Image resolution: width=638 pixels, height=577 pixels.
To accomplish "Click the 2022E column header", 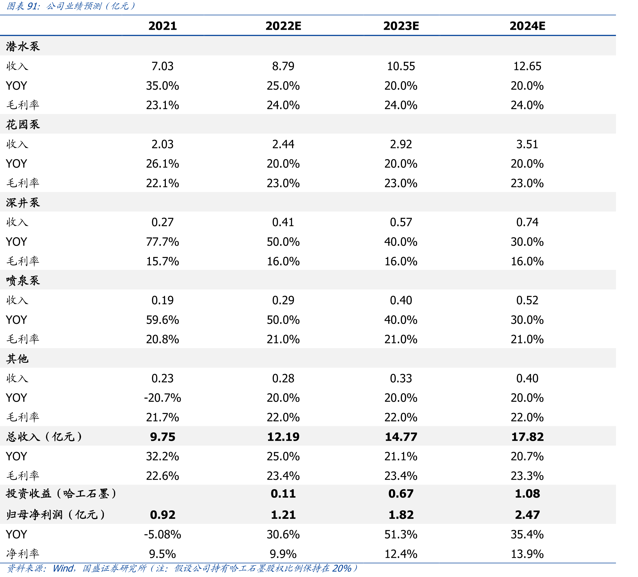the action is [283, 26].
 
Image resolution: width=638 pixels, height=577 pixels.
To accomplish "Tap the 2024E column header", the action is [527, 26].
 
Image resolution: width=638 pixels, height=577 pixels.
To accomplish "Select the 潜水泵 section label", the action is [23, 47].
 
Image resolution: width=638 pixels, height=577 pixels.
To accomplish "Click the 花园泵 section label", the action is [23, 125].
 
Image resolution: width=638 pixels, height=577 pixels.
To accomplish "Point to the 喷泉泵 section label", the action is [23, 281].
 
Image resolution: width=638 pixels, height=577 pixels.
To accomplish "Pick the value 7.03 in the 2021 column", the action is [163, 66].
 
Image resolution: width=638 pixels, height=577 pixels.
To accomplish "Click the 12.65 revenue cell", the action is [527, 66].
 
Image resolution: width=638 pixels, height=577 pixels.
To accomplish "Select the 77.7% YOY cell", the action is [163, 242].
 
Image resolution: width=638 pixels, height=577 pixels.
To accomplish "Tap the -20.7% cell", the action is [163, 398].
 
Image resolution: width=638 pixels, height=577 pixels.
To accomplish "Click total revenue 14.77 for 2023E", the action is [401, 437].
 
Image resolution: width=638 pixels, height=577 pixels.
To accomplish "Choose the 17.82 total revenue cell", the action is [527, 437].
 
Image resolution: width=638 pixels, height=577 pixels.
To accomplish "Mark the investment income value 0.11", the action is [283, 494].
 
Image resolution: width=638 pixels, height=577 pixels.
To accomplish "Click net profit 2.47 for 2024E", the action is [527, 515].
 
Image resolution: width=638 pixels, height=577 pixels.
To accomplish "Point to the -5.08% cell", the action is [163, 534].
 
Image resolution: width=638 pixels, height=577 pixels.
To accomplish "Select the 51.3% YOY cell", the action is [401, 534].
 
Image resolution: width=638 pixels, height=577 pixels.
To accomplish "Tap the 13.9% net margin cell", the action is [527, 554].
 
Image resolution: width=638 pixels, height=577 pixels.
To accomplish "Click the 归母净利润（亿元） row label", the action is [55, 515].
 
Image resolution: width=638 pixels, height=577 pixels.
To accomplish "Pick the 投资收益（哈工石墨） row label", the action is [61, 494].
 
